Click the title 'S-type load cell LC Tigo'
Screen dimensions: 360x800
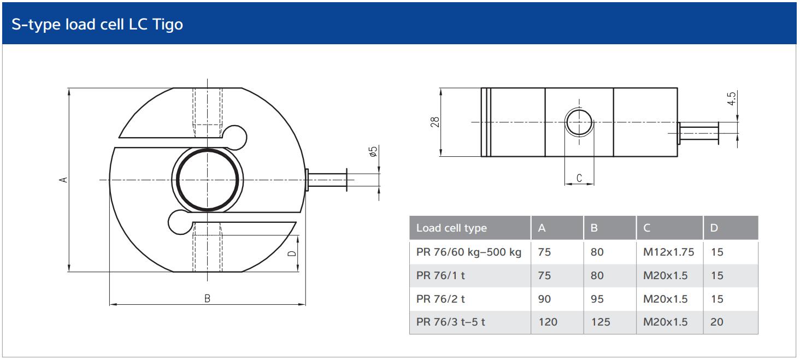click(97, 25)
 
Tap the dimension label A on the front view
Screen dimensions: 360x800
click(63, 179)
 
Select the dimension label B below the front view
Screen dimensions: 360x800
click(207, 298)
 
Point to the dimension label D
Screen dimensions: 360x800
click(292, 253)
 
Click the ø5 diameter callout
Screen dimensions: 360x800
click(374, 152)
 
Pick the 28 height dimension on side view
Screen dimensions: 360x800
click(435, 122)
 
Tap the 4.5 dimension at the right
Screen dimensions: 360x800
click(732, 99)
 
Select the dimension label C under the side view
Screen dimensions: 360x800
click(579, 178)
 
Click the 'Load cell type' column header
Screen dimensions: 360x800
click(451, 228)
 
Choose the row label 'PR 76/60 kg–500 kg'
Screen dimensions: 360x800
click(468, 252)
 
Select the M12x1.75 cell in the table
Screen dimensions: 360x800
click(668, 252)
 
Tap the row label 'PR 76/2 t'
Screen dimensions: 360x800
click(440, 299)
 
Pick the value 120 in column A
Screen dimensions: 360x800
click(548, 322)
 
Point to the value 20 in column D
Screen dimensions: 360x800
click(716, 322)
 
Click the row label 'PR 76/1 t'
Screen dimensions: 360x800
click(440, 275)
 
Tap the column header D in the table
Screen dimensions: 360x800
click(714, 228)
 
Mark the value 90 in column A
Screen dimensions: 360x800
click(544, 299)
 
